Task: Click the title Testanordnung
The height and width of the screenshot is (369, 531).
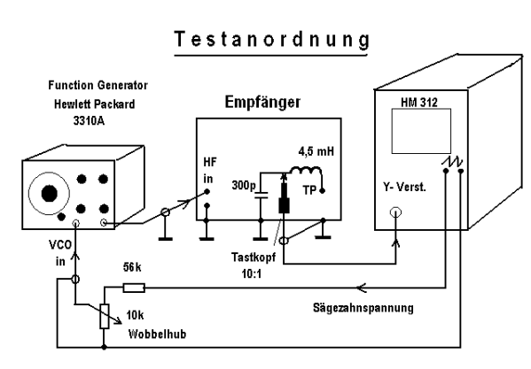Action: coord(272,40)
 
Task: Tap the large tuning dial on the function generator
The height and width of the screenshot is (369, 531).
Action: coord(49,193)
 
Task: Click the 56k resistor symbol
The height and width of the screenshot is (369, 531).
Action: coord(134,288)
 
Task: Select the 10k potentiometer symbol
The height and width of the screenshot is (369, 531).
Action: coord(105,316)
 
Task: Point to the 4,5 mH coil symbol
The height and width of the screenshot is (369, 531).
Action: coord(306,170)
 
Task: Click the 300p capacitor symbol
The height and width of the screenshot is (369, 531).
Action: coord(261,196)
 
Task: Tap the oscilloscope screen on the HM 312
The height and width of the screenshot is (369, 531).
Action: coord(421,131)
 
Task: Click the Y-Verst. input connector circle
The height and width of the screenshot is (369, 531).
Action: coord(395,212)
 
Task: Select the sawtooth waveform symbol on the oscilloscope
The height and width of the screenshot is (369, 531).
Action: coord(452,162)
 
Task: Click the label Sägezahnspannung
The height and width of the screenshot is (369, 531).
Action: coord(363,308)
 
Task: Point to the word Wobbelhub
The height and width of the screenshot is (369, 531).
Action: coord(157,334)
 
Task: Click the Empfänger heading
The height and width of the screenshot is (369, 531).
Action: coord(262,102)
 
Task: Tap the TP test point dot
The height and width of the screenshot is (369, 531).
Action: coord(323,191)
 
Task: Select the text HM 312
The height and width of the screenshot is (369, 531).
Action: coord(419,103)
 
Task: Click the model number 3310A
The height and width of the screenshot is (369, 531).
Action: coord(89,120)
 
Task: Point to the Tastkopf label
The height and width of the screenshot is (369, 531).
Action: coord(254,258)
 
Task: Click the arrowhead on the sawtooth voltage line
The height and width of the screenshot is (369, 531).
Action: coord(362,288)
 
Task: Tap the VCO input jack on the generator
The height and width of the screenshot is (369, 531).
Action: coord(76,223)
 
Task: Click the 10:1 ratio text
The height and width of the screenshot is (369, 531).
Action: coord(252,273)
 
